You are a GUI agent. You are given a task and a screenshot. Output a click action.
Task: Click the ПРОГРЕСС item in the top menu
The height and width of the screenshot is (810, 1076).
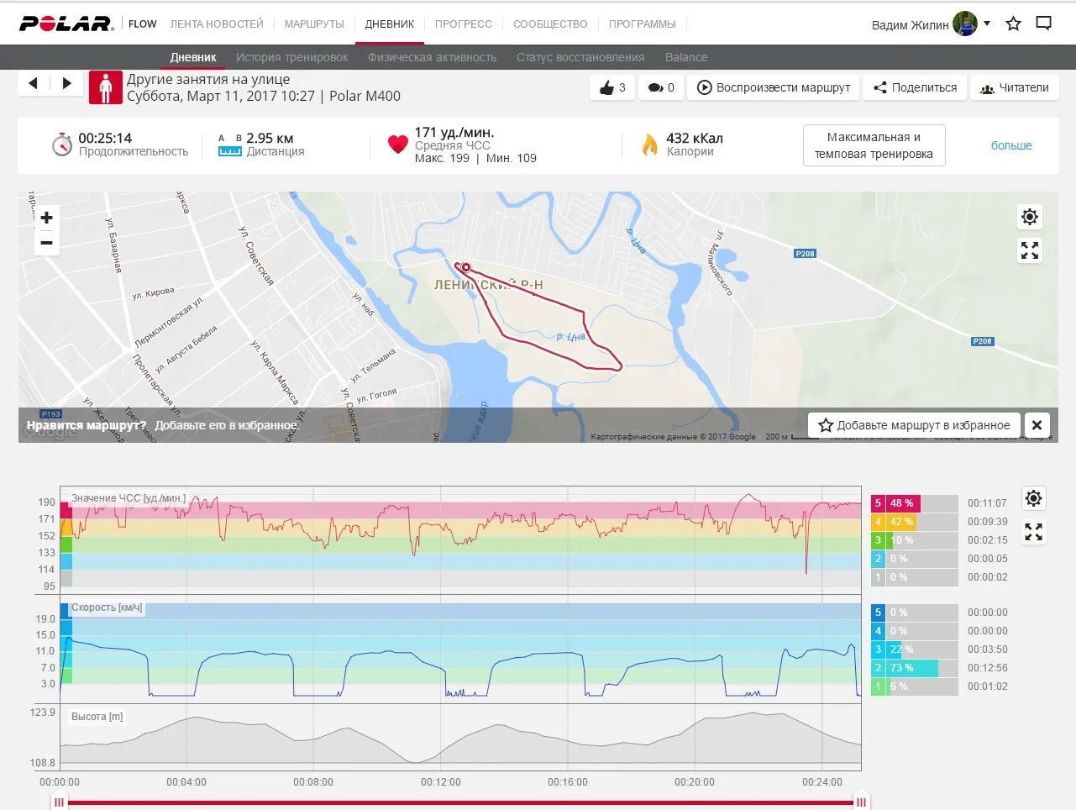point(463,24)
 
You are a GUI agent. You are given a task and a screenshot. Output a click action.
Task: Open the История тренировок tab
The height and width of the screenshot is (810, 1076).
point(291,57)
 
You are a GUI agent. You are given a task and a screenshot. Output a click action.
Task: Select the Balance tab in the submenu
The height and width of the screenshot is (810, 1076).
point(685,57)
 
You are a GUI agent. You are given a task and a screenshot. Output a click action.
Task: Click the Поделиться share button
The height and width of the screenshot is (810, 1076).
point(915,87)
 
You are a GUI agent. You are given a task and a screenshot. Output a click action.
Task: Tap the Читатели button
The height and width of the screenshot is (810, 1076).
point(1014,87)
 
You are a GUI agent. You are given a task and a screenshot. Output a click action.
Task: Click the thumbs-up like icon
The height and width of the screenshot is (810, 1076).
point(607,87)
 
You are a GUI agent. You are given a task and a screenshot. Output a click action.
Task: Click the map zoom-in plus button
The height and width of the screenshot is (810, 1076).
point(47,218)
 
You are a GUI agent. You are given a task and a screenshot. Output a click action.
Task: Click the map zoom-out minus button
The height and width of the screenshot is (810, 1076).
point(47,243)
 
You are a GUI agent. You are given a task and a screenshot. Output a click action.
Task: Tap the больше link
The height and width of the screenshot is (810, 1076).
point(1011,145)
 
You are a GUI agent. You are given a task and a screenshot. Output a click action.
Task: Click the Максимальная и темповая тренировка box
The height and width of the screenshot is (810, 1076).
point(874,145)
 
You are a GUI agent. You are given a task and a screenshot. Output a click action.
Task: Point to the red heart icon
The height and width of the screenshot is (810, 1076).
point(397,145)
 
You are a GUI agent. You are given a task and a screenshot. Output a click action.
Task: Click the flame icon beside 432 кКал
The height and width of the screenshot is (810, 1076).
point(649,145)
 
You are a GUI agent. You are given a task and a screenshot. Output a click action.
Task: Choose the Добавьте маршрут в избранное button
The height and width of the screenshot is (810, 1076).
point(915,425)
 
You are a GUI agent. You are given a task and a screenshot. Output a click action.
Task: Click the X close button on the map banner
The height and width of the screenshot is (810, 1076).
point(1037,425)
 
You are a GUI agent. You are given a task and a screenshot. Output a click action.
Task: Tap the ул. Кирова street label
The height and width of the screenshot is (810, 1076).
point(153,294)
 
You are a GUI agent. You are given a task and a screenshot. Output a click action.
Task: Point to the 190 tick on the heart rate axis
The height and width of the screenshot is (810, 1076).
point(46,502)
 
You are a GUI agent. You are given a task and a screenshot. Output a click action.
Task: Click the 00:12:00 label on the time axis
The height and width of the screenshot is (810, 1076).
point(441,782)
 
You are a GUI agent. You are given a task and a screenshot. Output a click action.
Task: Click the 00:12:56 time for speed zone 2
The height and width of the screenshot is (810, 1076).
point(987,668)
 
